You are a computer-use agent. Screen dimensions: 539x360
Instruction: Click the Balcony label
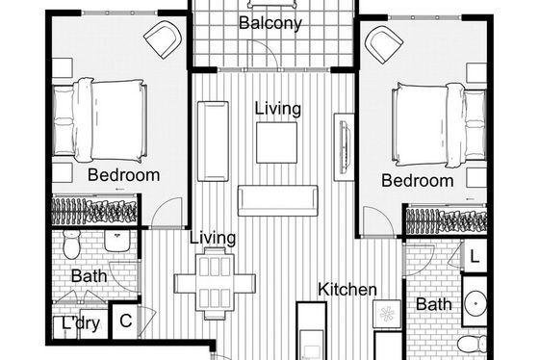[x=270, y=23]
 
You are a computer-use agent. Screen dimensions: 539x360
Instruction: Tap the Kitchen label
[x=347, y=289]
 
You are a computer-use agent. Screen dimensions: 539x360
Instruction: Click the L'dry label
[x=81, y=323]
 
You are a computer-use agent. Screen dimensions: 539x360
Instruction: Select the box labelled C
[x=126, y=321]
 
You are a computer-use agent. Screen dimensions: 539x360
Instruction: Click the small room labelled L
[x=475, y=256]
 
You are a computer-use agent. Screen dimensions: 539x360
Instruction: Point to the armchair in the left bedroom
[x=163, y=39]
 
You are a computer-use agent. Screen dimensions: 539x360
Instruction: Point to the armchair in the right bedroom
[x=384, y=44]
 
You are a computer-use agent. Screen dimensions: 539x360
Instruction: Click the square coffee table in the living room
[x=276, y=142]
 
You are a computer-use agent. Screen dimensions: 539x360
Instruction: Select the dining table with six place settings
[x=215, y=283]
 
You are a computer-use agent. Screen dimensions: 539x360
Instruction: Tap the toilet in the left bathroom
[x=71, y=244]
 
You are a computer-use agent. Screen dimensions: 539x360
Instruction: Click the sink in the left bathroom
[x=117, y=241]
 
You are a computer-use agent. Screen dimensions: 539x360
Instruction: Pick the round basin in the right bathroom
[x=475, y=303]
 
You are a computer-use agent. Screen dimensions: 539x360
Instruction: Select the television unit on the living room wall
[x=345, y=147]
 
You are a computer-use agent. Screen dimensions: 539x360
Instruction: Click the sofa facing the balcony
[x=278, y=200]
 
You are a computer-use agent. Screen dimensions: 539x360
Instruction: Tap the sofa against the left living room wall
[x=213, y=141]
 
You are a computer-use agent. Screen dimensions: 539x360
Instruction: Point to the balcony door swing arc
[x=269, y=48]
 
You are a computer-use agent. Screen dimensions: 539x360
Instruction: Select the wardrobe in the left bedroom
[x=95, y=210]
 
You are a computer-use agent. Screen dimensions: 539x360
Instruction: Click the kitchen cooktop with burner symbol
[x=387, y=314]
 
